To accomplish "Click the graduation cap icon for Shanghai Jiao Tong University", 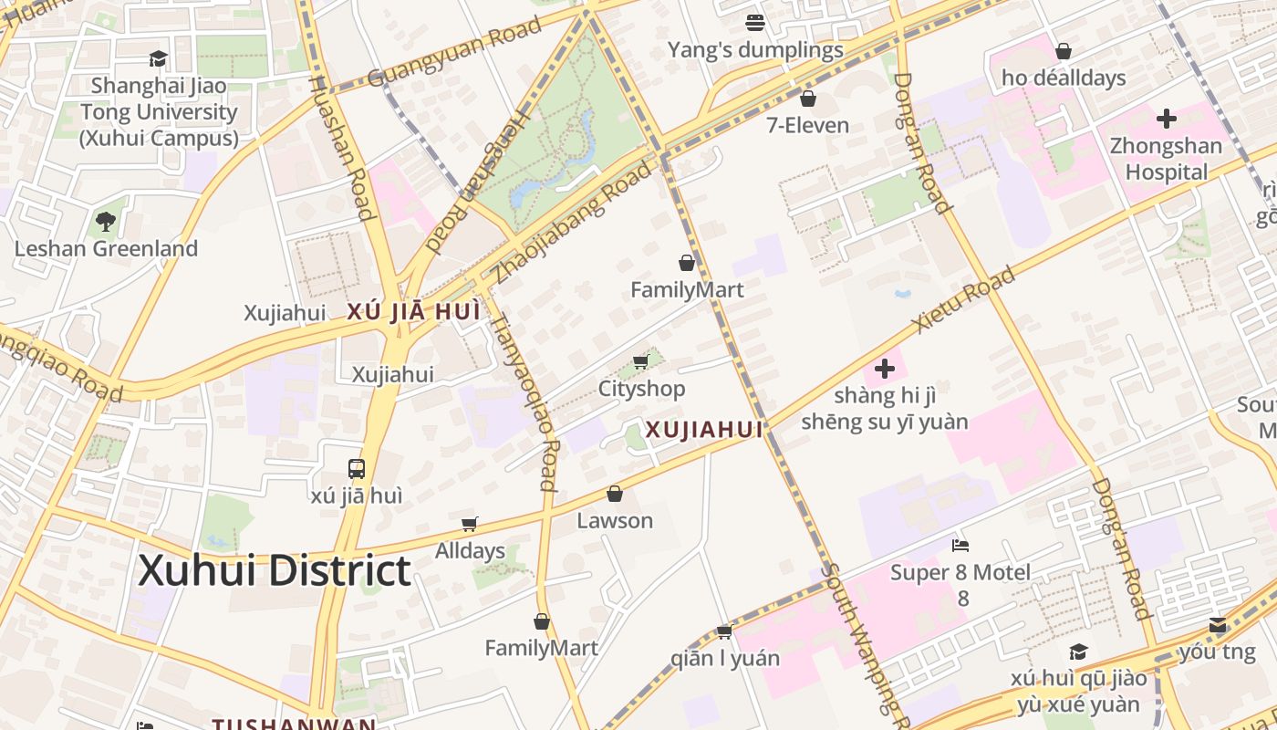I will (159, 58).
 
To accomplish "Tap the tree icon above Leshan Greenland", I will (106, 221).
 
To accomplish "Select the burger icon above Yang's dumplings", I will (754, 22).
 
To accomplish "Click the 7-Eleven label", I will (807, 125).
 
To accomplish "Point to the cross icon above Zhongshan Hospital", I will (1166, 119).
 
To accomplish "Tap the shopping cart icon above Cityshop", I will (641, 362).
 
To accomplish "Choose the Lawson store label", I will (615, 521).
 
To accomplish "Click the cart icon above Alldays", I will (470, 524).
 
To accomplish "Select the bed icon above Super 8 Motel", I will (960, 546).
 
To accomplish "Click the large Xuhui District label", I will (275, 571).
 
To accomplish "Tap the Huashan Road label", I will (343, 147).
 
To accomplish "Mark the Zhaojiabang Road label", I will (574, 223).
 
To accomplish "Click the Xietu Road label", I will (964, 300).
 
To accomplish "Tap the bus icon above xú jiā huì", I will (357, 469).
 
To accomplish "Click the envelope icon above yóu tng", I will (1218, 625).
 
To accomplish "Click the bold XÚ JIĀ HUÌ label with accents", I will (413, 312).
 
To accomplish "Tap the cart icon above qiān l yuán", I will (725, 631).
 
